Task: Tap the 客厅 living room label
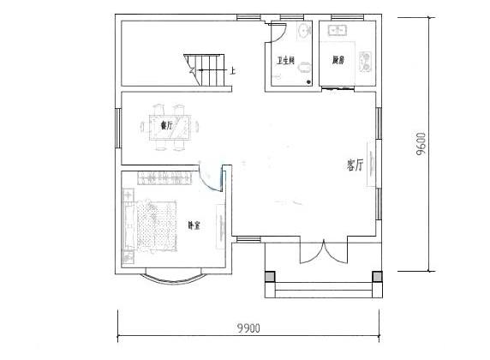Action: tap(356, 165)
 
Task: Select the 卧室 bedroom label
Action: tap(194, 226)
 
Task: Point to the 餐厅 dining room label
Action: tap(166, 126)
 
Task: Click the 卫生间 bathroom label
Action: tap(285, 61)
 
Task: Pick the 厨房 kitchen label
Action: tap(338, 61)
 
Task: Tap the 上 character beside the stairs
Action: tap(233, 70)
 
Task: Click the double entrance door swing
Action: tap(323, 255)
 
